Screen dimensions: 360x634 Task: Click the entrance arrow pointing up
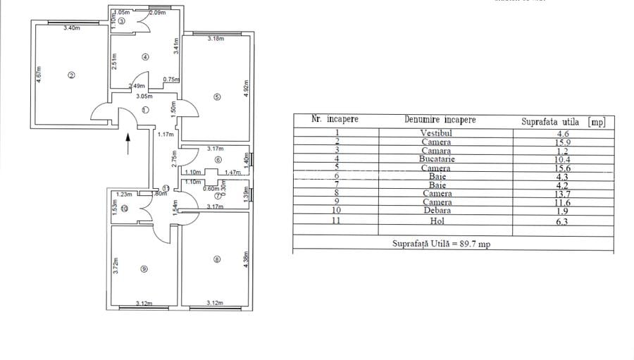click(128, 144)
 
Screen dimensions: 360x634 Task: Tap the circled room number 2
click(71, 76)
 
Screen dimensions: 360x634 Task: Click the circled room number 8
click(217, 260)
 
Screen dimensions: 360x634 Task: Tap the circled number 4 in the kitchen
click(144, 57)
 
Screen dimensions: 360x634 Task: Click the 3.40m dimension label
click(71, 28)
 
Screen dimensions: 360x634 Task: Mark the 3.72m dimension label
click(116, 266)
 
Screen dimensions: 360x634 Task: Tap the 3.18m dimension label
click(216, 39)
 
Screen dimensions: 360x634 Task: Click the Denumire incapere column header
click(440, 120)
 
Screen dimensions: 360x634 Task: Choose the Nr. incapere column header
click(335, 119)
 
